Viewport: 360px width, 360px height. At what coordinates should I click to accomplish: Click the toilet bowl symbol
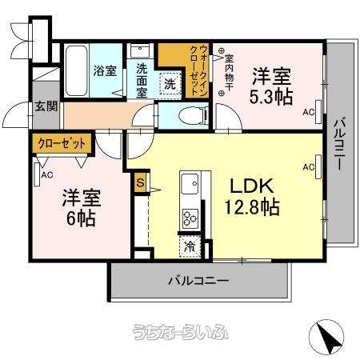(x=193, y=115)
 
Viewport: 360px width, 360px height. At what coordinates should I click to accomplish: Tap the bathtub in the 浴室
(x=76, y=70)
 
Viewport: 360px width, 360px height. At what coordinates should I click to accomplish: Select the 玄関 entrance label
(x=46, y=106)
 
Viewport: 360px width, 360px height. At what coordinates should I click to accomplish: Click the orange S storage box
(x=140, y=182)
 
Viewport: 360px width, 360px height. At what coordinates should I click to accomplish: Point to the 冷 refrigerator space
(x=190, y=246)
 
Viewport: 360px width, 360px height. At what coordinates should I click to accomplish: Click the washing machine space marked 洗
(x=170, y=83)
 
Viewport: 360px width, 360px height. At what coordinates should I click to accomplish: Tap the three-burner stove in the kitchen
(x=190, y=218)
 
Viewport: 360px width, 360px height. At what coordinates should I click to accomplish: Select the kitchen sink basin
(x=190, y=184)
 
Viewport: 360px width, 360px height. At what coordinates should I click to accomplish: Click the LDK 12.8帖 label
(x=252, y=197)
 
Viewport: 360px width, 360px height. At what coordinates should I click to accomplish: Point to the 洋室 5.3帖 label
(x=271, y=86)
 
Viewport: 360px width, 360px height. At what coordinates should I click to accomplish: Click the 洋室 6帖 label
(x=81, y=207)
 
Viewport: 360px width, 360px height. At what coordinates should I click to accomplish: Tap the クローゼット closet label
(x=62, y=144)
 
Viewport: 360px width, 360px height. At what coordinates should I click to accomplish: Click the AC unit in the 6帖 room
(x=37, y=174)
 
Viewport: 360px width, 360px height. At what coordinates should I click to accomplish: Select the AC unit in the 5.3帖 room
(x=318, y=112)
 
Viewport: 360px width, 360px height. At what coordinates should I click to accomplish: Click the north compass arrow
(x=326, y=336)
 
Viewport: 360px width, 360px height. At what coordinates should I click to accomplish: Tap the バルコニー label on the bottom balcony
(x=198, y=281)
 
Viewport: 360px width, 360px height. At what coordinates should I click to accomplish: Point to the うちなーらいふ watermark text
(x=181, y=332)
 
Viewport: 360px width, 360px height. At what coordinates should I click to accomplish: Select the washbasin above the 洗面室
(x=140, y=50)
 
